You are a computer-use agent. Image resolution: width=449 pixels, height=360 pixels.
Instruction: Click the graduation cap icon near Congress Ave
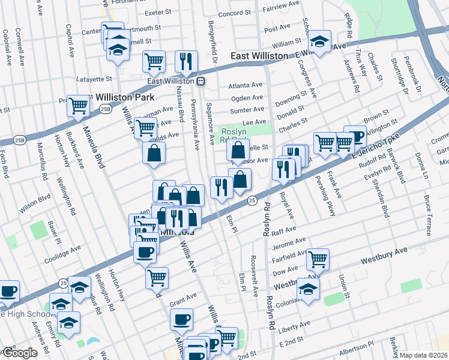coord(319,42)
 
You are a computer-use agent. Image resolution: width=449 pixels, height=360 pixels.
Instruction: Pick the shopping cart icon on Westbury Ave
coord(318,259)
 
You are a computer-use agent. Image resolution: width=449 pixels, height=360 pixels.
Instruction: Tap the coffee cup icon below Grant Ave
coord(181,319)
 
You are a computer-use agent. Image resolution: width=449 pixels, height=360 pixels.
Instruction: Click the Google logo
coord(19,353)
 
